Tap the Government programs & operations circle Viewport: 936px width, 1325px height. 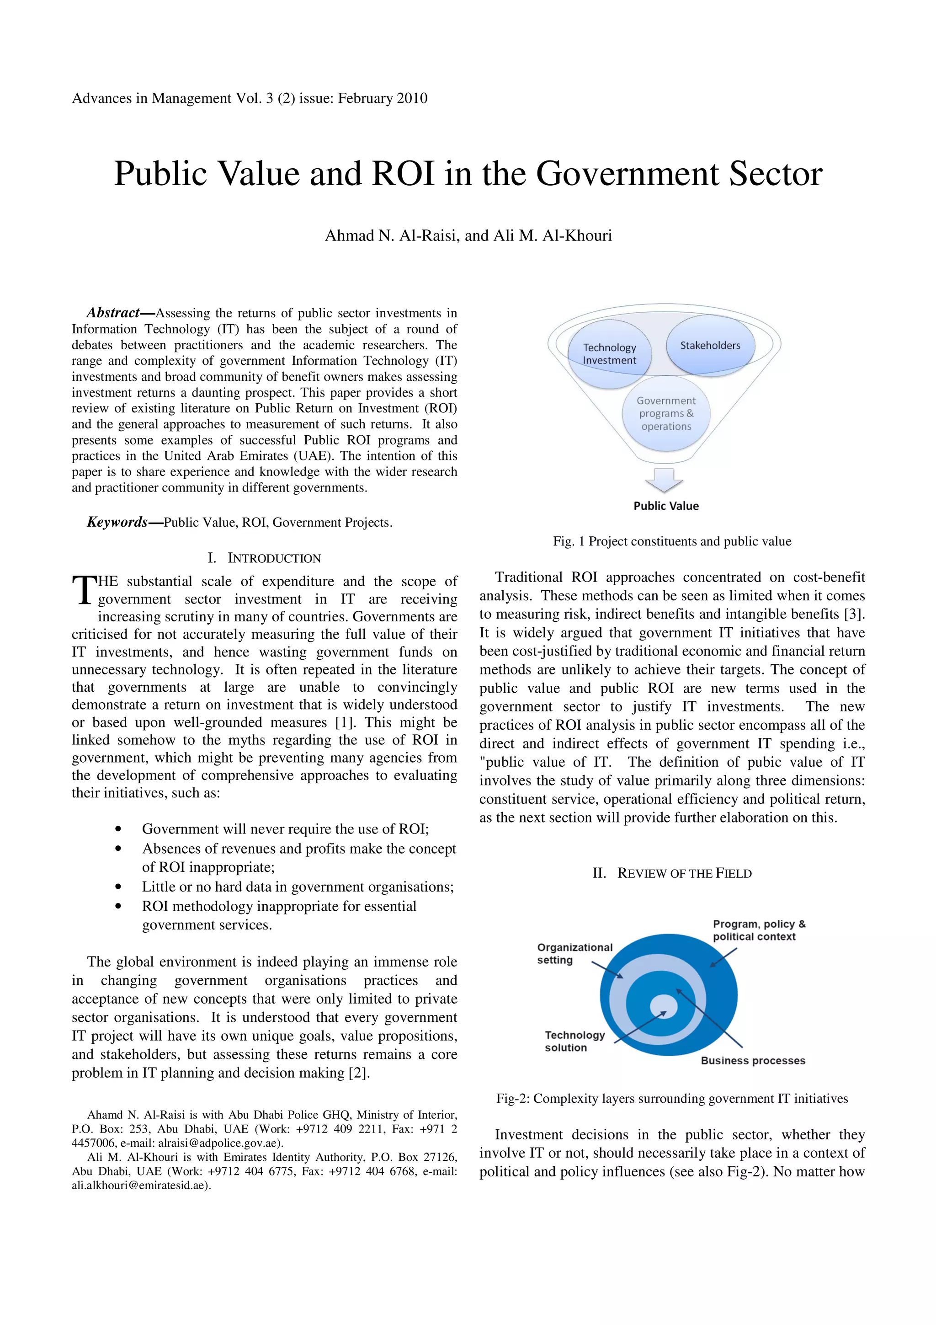(x=666, y=414)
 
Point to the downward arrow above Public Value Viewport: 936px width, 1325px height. (x=665, y=480)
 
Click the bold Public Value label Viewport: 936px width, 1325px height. (x=666, y=506)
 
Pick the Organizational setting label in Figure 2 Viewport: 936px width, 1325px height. (x=574, y=953)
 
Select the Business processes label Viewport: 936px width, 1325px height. (x=753, y=1060)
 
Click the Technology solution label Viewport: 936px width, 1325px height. (x=574, y=1041)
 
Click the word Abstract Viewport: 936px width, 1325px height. (x=113, y=313)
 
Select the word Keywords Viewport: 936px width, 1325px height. (x=117, y=522)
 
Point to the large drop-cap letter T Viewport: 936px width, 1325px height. (x=84, y=590)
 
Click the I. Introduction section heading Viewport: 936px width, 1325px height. (x=264, y=558)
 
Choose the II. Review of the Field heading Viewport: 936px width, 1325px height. (x=672, y=873)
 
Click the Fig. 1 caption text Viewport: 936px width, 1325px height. (x=672, y=541)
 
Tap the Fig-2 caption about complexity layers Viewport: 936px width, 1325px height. (x=672, y=1098)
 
